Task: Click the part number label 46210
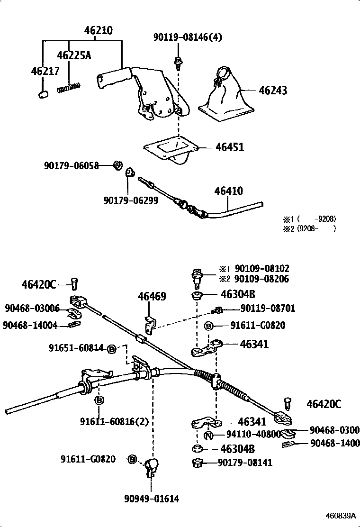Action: (x=98, y=31)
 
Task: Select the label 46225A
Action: (x=73, y=55)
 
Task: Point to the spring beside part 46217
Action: (x=69, y=88)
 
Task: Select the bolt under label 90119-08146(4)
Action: (x=179, y=62)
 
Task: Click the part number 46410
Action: (x=228, y=191)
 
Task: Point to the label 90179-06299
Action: (x=130, y=200)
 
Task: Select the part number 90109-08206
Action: (x=261, y=279)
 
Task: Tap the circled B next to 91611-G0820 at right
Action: (x=208, y=326)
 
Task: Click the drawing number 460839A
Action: (x=340, y=516)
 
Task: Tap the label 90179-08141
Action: (x=245, y=463)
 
